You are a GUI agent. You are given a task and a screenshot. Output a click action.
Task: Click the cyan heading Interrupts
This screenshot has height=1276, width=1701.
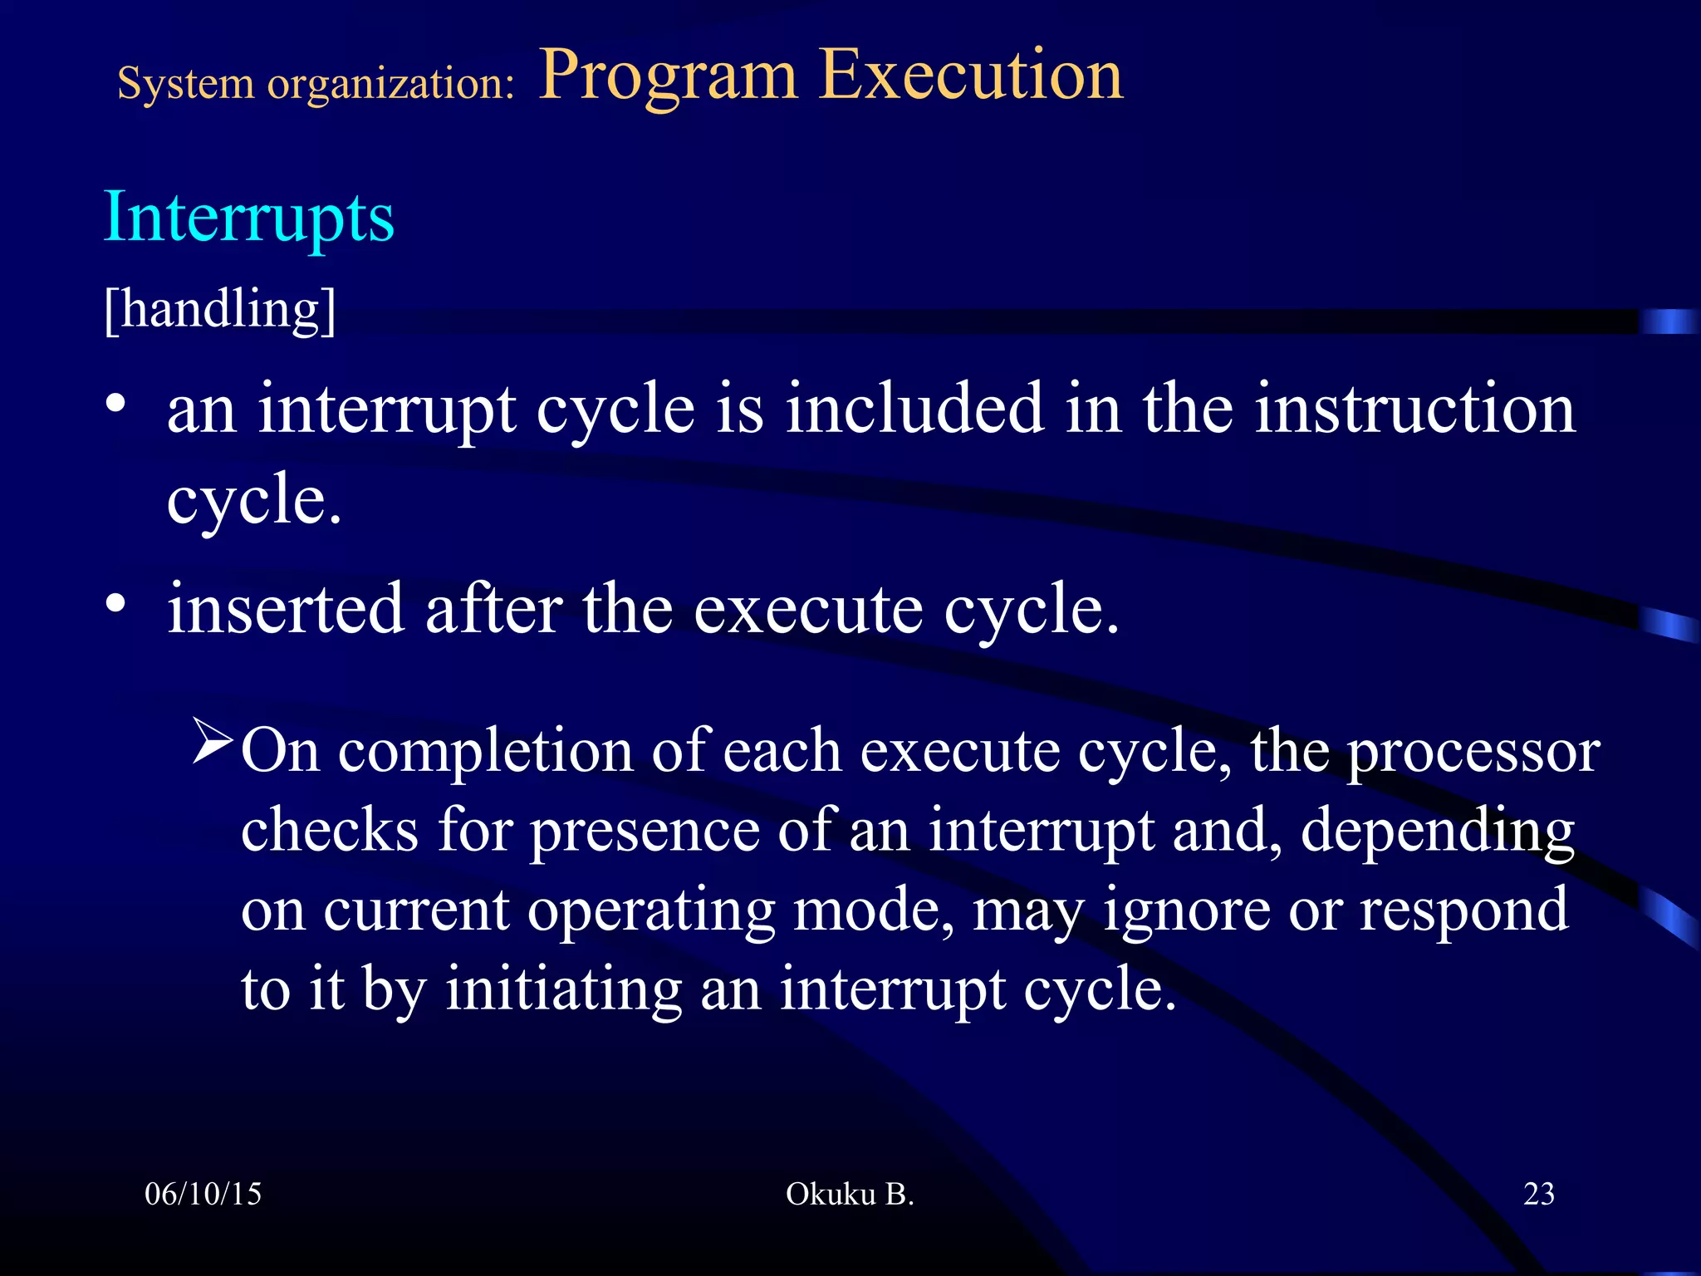pos(248,218)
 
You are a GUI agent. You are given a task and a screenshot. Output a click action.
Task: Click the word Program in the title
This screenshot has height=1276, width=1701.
pos(668,76)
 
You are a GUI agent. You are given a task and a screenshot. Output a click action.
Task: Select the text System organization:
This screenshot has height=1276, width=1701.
pos(316,84)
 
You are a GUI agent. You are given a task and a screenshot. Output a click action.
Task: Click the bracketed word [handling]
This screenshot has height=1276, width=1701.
pos(220,309)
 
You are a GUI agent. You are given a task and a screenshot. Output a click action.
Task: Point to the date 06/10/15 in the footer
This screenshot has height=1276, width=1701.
pos(203,1194)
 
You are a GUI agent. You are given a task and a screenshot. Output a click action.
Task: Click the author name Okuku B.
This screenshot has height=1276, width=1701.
pos(849,1194)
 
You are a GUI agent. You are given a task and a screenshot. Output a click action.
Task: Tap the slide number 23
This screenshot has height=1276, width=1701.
pos(1538,1194)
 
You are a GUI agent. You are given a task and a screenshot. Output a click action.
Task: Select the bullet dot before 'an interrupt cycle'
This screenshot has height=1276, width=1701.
pos(115,405)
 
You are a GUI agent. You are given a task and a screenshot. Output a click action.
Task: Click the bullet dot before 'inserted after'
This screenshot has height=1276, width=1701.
pos(115,604)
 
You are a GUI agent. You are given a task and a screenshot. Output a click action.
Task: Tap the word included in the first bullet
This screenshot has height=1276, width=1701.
pos(914,409)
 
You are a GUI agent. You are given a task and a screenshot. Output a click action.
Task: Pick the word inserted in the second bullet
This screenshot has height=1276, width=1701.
pos(285,609)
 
